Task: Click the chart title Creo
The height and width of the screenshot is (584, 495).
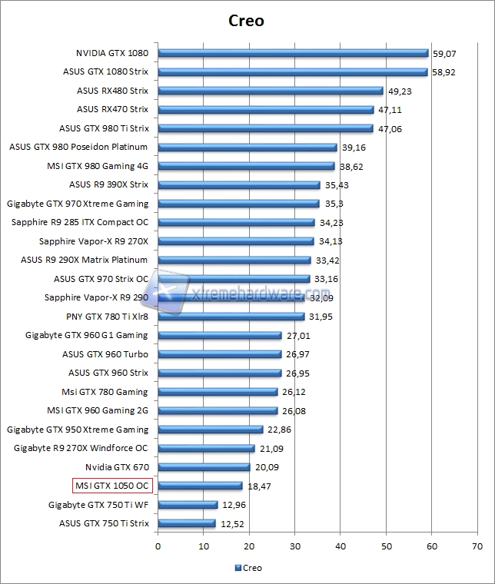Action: tap(247, 21)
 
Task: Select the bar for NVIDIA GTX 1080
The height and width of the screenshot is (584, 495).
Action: tap(293, 53)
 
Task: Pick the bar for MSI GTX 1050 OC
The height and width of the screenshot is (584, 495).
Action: tap(200, 486)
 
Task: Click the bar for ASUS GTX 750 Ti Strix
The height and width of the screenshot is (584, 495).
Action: tap(187, 523)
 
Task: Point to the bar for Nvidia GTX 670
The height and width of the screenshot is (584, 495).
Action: tap(204, 466)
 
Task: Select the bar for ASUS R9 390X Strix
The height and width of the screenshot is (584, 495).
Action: tap(239, 184)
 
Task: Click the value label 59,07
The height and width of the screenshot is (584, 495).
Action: tap(444, 54)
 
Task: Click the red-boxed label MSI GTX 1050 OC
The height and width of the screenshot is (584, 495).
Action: tap(112, 486)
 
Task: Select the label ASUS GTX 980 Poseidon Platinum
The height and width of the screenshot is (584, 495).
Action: tap(78, 147)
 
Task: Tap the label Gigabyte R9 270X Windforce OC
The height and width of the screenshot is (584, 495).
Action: tap(81, 448)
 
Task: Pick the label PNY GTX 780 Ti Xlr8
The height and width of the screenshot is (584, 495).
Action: tap(107, 317)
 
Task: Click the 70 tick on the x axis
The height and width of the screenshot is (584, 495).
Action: tap(477, 546)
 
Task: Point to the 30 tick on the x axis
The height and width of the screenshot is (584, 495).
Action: tap(295, 546)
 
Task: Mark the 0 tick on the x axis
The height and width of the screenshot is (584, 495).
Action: tap(158, 546)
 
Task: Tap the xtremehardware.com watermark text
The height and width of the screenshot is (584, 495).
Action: tap(246, 294)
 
